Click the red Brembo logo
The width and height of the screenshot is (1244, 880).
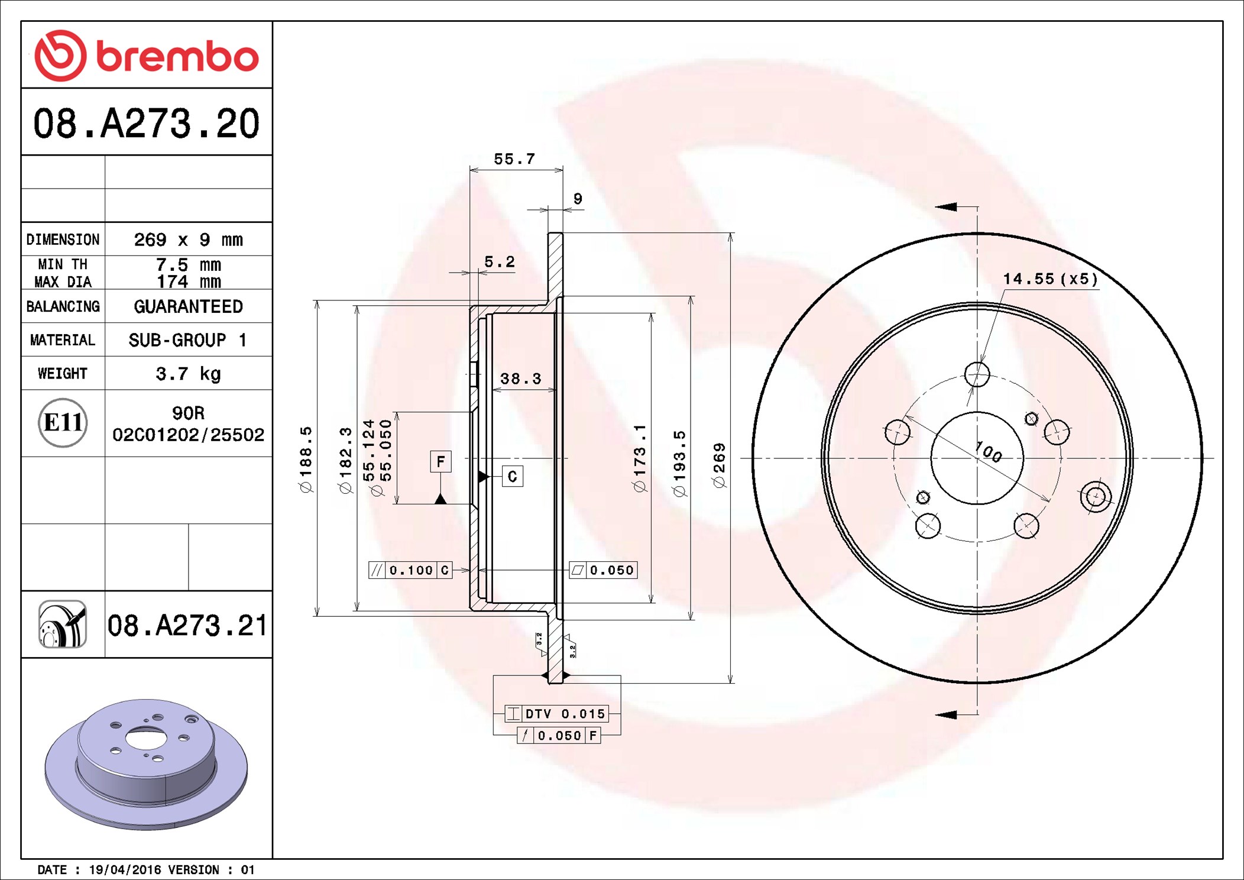147,56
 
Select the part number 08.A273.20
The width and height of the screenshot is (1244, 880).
146,124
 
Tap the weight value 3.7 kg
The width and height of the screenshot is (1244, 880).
188,374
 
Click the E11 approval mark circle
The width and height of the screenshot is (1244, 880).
63,422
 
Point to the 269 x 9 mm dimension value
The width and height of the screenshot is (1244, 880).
188,240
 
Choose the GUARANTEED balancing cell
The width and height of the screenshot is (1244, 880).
188,306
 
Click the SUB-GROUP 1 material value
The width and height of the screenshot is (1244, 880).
187,340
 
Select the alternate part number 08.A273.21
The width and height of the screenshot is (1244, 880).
187,625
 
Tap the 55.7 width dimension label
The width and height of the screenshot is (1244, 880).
514,159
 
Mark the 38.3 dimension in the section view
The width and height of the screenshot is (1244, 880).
520,378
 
